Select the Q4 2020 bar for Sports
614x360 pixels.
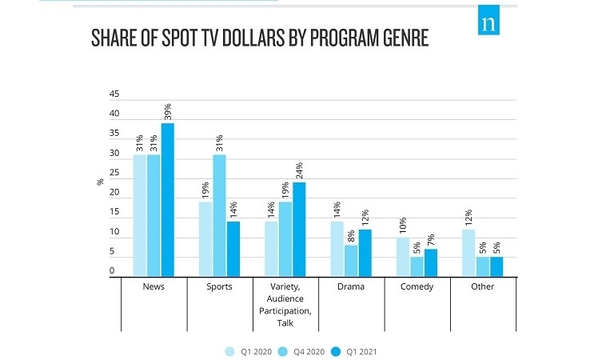coord(219,215)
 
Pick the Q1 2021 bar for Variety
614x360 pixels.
coord(299,229)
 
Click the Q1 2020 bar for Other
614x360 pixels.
coord(469,253)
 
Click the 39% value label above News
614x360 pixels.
coord(168,110)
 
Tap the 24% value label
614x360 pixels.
coord(299,170)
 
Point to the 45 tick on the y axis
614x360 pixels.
coord(114,95)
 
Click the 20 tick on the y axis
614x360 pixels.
coord(114,193)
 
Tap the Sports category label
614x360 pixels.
coord(219,286)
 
